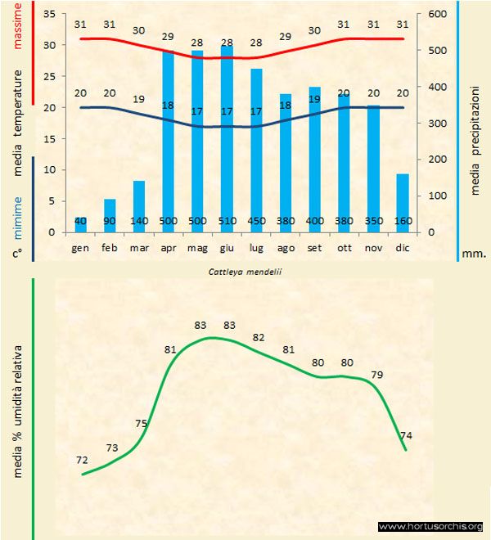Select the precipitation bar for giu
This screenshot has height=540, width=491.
[x=227, y=139]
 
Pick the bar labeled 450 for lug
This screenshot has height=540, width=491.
[x=256, y=151]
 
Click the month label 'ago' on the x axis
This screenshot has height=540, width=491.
[x=286, y=246]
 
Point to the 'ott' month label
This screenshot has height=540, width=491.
[x=344, y=246]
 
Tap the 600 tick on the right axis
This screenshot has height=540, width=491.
[x=438, y=14]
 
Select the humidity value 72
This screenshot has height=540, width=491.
[x=81, y=460]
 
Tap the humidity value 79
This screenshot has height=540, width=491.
[x=377, y=375]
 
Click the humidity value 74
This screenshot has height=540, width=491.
[x=406, y=435]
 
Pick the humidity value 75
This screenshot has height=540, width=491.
[x=142, y=423]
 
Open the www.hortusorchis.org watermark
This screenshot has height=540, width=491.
[x=431, y=526]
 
